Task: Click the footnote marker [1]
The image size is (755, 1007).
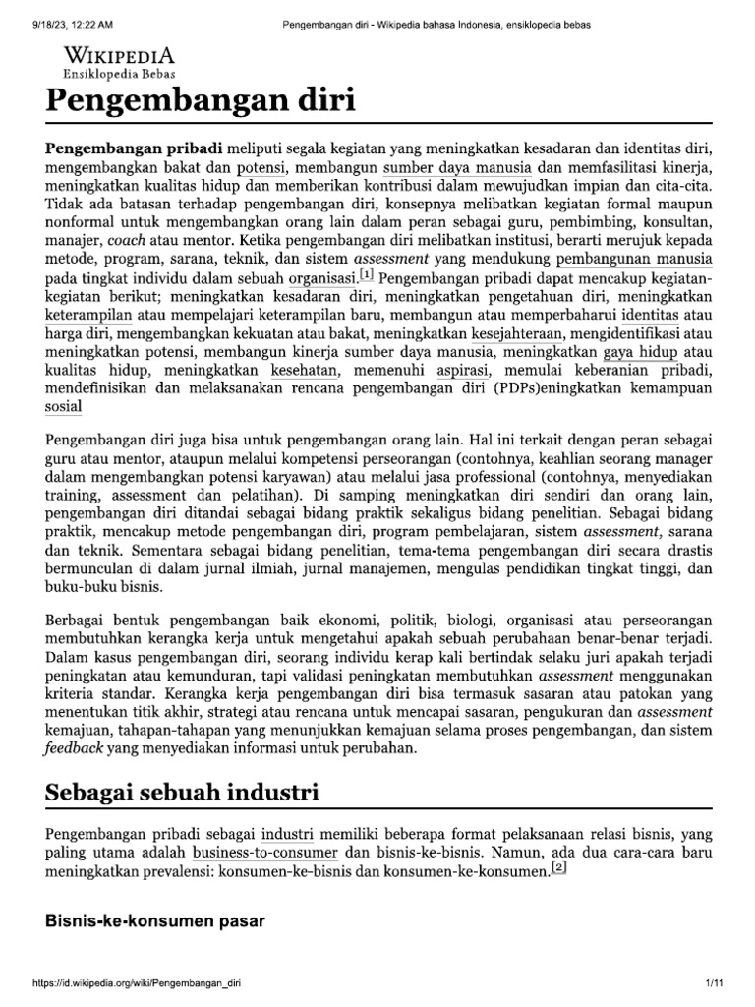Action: point(367,279)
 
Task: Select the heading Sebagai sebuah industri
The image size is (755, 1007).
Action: point(182,793)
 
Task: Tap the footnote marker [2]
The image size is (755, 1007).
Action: point(559,868)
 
